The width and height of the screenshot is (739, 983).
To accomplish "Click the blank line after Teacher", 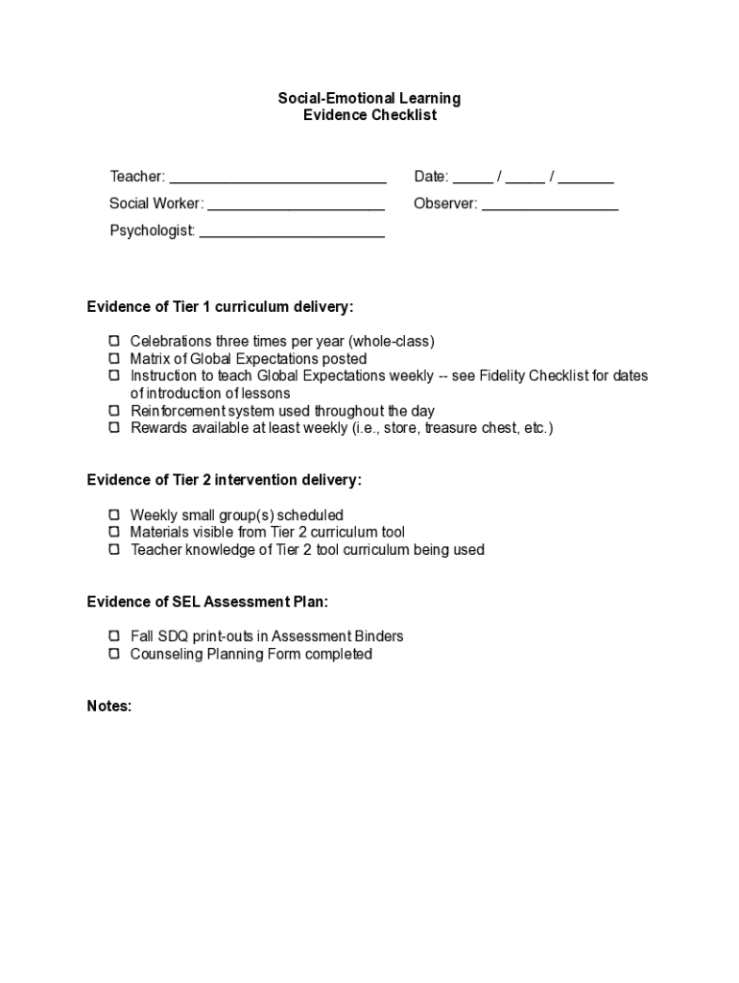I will (x=277, y=179).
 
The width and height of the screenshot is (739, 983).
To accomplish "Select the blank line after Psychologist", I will (x=292, y=232).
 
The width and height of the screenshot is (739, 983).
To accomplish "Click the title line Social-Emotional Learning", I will (x=369, y=98).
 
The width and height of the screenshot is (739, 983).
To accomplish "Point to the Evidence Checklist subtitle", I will (x=369, y=115).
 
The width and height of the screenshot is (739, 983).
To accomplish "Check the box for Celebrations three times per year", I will (x=113, y=341).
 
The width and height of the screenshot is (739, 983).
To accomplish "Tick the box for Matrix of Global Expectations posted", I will (x=113, y=358).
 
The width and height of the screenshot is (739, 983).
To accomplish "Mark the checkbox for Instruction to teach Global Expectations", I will (x=113, y=375).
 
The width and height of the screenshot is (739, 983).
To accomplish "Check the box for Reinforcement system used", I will (x=113, y=410).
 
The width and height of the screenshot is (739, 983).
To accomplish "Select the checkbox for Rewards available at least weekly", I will (x=113, y=427).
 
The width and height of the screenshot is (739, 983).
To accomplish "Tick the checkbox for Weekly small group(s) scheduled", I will (x=113, y=515).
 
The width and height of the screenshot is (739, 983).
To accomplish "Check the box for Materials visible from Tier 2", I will (x=113, y=532).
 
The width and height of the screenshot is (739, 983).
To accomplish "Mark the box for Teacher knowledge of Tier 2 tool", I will (x=113, y=549).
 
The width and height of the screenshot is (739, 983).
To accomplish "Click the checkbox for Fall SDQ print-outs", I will (x=113, y=635).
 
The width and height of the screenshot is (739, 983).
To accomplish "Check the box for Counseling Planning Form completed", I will (x=113, y=654).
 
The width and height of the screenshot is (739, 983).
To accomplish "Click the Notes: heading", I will (x=108, y=706).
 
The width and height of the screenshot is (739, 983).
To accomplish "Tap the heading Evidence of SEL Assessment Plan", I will (x=207, y=602).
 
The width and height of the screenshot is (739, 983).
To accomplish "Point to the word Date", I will (x=430, y=177).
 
